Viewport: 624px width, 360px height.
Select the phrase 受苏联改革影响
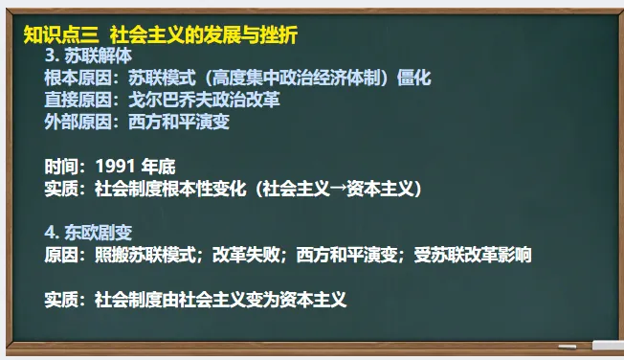point(473,256)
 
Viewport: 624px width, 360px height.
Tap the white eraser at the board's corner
point(607,346)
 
